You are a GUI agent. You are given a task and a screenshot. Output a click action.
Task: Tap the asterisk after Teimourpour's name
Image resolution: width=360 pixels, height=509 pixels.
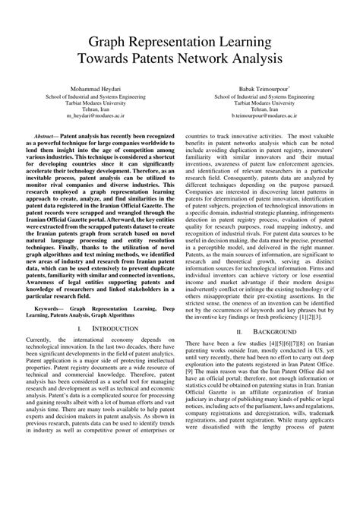tap(290, 87)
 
